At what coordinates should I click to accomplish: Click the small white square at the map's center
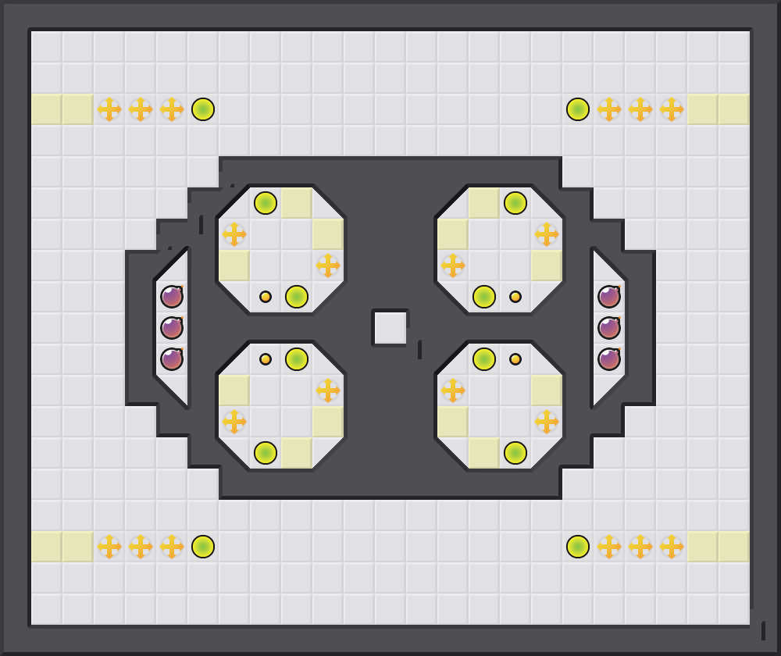click(x=390, y=328)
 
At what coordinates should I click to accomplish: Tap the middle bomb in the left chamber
click(x=172, y=328)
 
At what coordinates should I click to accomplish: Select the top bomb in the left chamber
click(x=172, y=297)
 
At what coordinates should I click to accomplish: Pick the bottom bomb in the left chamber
click(x=172, y=359)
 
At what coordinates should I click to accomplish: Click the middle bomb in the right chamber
click(x=609, y=328)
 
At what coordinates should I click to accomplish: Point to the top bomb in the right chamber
click(x=609, y=297)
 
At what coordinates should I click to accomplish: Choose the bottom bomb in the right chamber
click(x=609, y=359)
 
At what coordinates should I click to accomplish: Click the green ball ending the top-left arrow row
click(x=203, y=109)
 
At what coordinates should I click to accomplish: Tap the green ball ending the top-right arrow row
click(x=578, y=109)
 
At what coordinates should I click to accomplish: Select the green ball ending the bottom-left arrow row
click(x=203, y=547)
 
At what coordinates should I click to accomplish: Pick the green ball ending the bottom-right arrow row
click(x=578, y=547)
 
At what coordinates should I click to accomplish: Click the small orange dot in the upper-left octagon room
click(x=266, y=297)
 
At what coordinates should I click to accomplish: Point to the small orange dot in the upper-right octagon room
click(x=515, y=297)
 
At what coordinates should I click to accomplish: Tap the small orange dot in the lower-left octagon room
click(x=266, y=359)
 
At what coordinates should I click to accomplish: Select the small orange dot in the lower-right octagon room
click(x=515, y=359)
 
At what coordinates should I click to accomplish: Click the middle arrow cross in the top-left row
click(x=141, y=109)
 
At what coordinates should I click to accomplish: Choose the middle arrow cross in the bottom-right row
click(x=640, y=547)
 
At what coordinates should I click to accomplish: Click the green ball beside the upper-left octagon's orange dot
click(x=297, y=297)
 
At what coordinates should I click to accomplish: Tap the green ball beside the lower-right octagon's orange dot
click(x=484, y=359)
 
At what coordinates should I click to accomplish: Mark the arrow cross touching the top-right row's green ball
click(x=609, y=109)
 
